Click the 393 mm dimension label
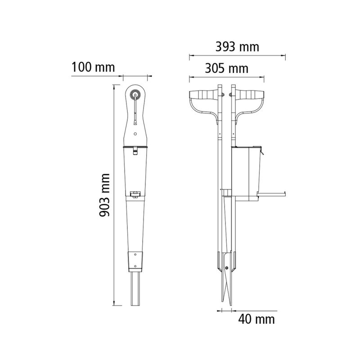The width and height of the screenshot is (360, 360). pyautogui.click(x=237, y=47)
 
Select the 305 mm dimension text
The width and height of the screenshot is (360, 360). pyautogui.click(x=227, y=68)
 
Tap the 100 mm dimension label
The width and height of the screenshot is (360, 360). pyautogui.click(x=93, y=67)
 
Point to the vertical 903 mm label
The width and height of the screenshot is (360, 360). pyautogui.click(x=104, y=195)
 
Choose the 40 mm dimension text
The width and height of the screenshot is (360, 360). pyautogui.click(x=256, y=319)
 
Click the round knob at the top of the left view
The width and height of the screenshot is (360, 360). pyautogui.click(x=135, y=94)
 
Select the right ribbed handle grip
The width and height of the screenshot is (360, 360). pyautogui.click(x=250, y=94)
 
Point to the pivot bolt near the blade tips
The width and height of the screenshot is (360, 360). pyautogui.click(x=227, y=268)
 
